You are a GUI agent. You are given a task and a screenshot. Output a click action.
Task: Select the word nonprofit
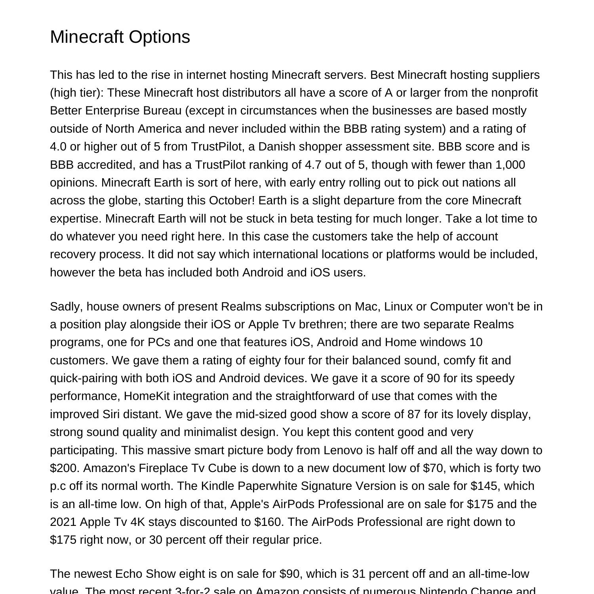[x=514, y=93]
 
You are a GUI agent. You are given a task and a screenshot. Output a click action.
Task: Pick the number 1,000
[x=510, y=165]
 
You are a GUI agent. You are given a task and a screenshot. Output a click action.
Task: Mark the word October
[x=232, y=200]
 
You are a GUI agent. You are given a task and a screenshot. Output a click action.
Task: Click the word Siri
[x=111, y=414]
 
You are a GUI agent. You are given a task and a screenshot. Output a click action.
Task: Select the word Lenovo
[x=343, y=450]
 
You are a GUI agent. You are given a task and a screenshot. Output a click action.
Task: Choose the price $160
[x=269, y=522]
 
